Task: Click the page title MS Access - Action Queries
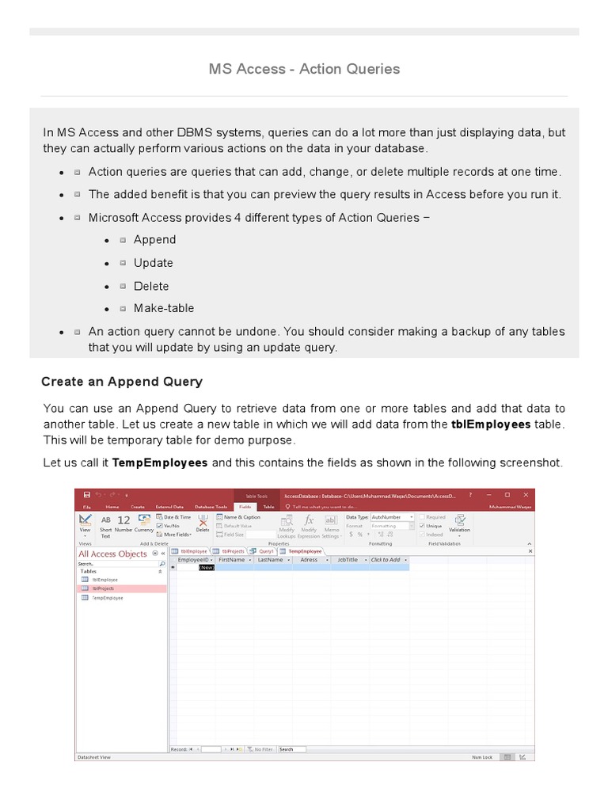304,69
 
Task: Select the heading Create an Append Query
121,382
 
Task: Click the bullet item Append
154,240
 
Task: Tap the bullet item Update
153,263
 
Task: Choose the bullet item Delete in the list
150,286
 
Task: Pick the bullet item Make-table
163,308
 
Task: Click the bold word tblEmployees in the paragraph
491,425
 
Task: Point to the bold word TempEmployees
160,463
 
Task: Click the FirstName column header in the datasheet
232,560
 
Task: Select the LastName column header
270,560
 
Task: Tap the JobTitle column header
348,560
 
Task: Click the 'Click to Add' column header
386,560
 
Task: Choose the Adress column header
309,560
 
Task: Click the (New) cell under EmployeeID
206,568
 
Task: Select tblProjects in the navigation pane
104,588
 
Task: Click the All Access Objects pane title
112,554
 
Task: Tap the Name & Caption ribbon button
240,516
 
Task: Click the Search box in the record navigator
291,748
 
